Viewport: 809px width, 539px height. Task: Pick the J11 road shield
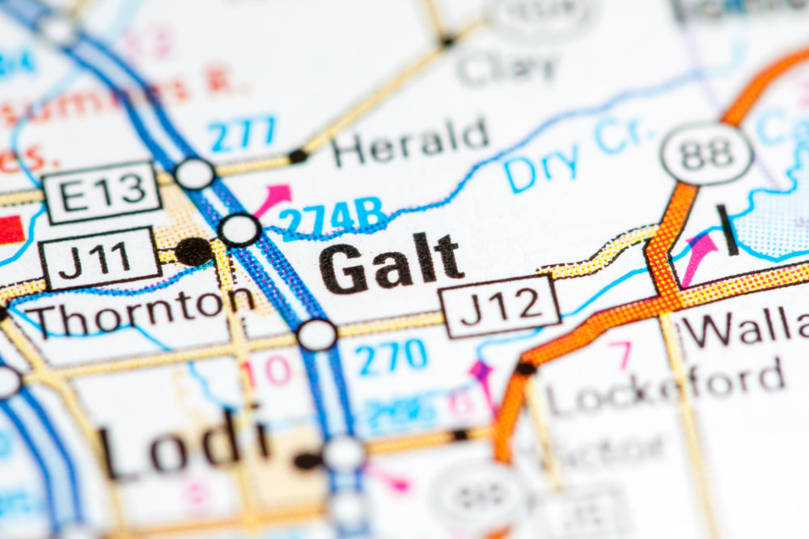98,258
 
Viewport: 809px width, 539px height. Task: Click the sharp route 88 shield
705,153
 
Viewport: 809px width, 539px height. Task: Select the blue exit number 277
243,133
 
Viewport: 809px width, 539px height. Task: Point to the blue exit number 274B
332,217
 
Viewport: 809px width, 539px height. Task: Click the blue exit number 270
392,356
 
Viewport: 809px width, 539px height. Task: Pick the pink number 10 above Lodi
266,371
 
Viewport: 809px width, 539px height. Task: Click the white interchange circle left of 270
316,335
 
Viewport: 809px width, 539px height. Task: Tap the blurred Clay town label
507,68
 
